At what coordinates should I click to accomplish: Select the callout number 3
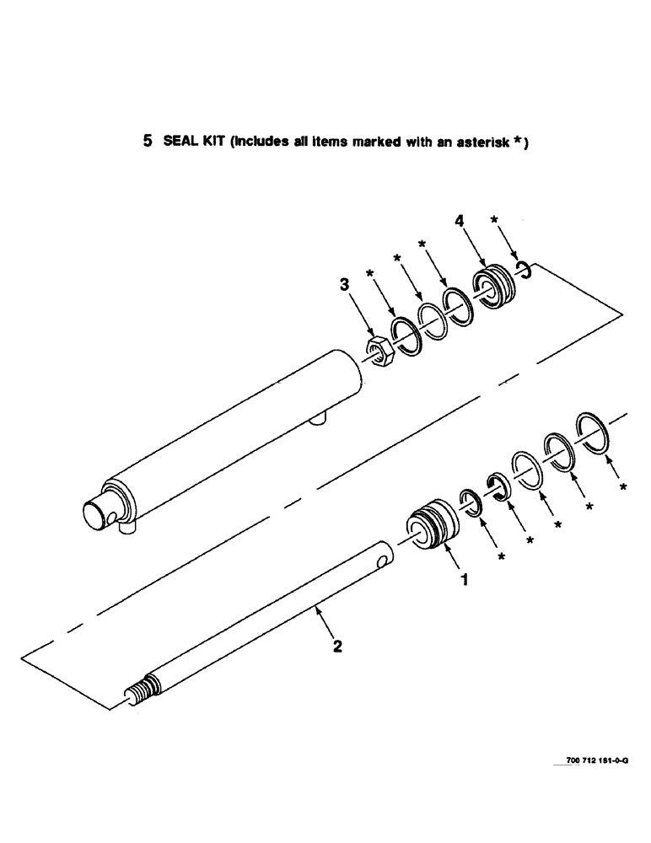pos(344,287)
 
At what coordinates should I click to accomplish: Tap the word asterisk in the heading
pos(485,142)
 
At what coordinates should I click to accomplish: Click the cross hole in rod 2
pos(384,559)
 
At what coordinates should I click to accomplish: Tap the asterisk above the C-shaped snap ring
pos(495,221)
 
